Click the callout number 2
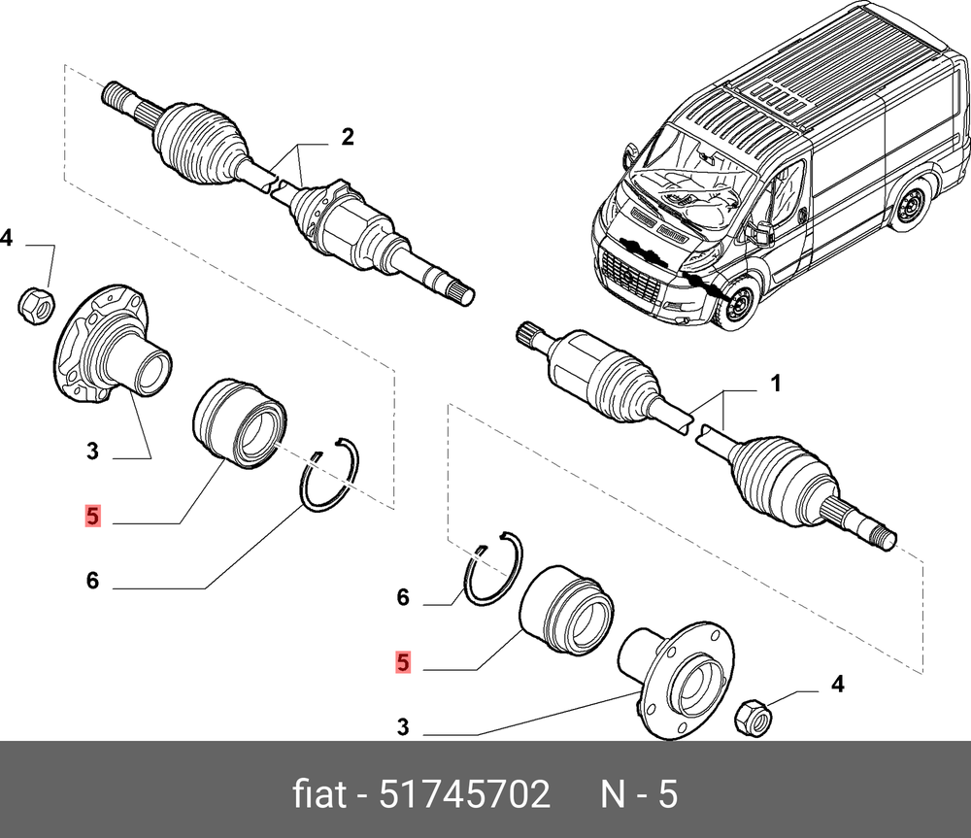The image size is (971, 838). point(347,138)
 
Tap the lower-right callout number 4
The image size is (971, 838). point(836,686)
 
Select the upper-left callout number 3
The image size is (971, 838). point(92,451)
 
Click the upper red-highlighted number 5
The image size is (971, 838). point(92,516)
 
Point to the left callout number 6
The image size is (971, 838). point(92,581)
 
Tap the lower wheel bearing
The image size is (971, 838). point(566,605)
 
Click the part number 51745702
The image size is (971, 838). point(464,795)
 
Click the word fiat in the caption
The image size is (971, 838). point(318,795)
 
